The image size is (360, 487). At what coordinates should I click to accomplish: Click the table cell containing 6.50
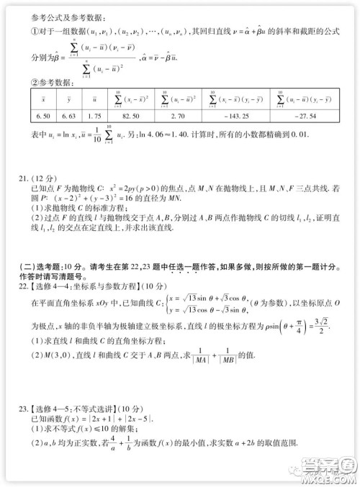[x=42, y=115]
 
